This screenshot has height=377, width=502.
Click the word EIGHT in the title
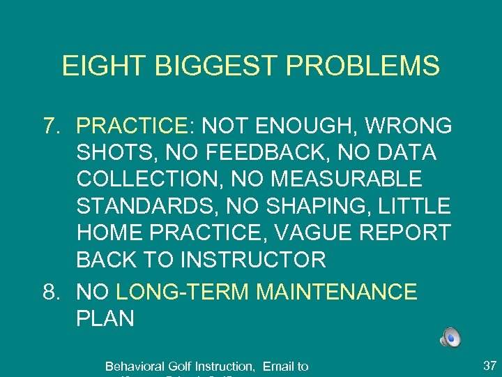(95, 66)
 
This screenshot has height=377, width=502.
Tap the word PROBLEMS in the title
(361, 66)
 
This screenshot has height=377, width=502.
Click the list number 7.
(51, 126)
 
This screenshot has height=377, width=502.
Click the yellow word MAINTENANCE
(337, 292)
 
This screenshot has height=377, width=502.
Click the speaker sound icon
(450, 339)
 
